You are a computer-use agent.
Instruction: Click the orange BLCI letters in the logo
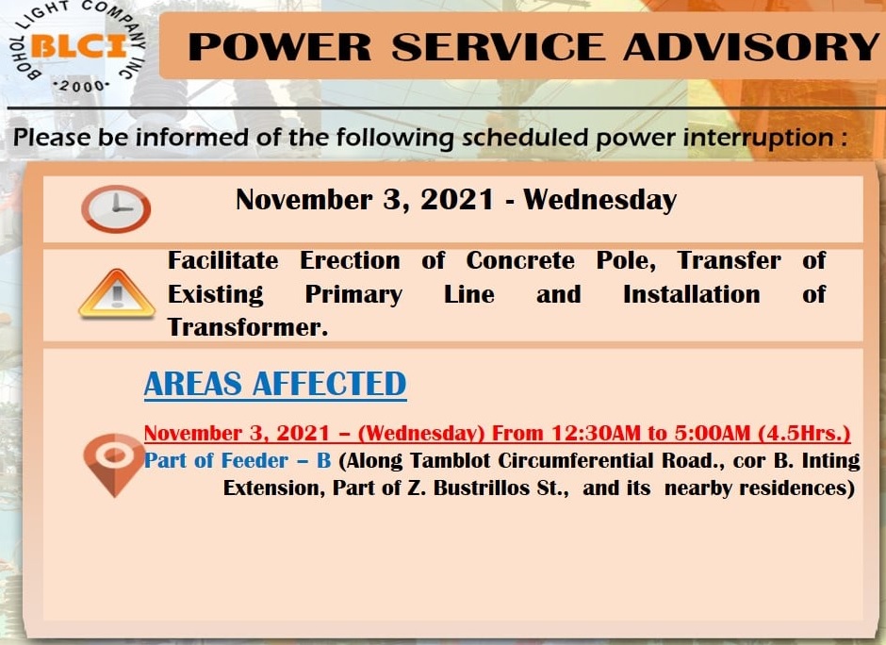pos(78,45)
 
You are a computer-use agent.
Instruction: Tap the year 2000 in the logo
pos(82,87)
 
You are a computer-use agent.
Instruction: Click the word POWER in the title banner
pos(280,46)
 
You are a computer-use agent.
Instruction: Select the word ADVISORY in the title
pos(751,46)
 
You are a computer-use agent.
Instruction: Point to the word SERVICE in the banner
pos(498,46)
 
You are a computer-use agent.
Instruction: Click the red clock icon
pos(116,208)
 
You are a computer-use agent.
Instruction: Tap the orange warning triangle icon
pos(116,293)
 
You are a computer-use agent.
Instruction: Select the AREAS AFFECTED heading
pos(275,384)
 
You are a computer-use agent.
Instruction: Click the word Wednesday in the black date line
pos(600,200)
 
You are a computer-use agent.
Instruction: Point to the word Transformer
pos(248,327)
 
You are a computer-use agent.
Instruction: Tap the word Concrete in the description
pos(520,260)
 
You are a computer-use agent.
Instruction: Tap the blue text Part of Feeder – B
pos(238,461)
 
